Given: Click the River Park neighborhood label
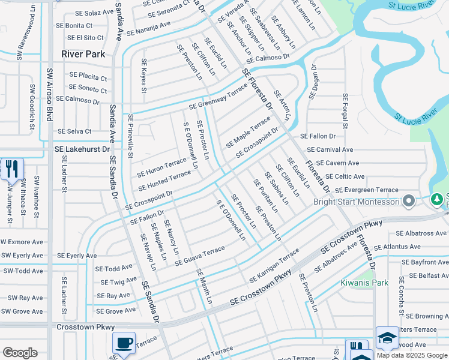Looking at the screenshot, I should (x=83, y=54).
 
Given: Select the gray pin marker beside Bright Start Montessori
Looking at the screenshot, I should (x=410, y=200).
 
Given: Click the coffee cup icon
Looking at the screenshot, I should (x=124, y=344).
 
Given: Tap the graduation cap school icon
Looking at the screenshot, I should (x=387, y=338).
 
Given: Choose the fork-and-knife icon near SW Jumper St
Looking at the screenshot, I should (x=11, y=170).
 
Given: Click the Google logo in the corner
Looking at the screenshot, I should (x=20, y=353).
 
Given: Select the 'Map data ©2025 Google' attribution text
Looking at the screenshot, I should (x=412, y=355).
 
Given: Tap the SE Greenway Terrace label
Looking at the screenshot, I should (x=218, y=97).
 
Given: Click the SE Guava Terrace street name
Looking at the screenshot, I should (x=199, y=256).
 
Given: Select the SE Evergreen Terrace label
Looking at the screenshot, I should (x=366, y=190).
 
